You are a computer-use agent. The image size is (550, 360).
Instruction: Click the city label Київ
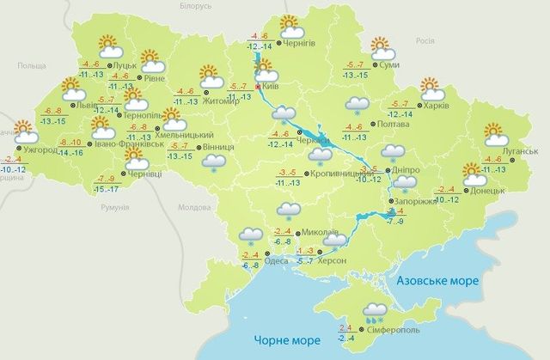[x=274, y=87]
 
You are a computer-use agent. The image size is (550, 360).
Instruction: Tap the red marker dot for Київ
[x=260, y=88]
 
